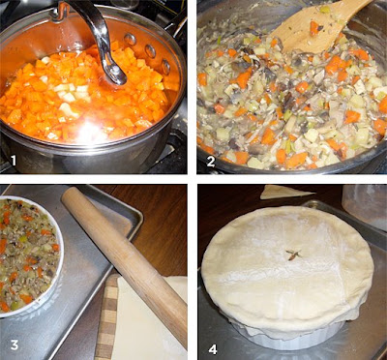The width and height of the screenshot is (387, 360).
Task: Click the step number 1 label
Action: [x=13, y=161]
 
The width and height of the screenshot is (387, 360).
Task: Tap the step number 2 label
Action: [x=211, y=162]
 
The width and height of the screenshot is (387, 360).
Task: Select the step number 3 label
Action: [x=15, y=345]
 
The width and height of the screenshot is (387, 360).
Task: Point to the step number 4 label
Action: [x=213, y=349]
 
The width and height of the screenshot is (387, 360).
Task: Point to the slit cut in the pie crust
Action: [x=293, y=255]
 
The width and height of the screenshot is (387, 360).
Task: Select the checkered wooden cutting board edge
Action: [x=106, y=317]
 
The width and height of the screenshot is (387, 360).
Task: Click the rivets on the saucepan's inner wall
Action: [x=148, y=51]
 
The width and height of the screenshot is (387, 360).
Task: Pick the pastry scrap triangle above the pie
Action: [x=285, y=192]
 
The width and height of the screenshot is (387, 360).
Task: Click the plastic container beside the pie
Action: [x=365, y=206]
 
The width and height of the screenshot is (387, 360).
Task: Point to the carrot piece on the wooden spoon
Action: [x=314, y=28]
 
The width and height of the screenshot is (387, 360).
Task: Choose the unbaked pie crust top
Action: [x=287, y=269]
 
